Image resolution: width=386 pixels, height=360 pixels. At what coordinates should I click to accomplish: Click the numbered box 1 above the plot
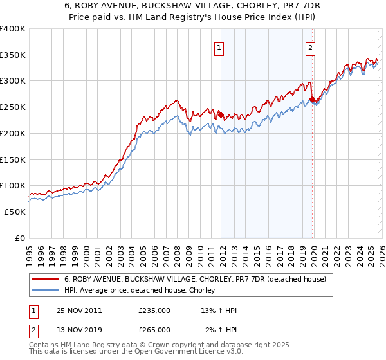(x=219, y=48)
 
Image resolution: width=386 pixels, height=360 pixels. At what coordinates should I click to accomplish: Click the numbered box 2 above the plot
(x=311, y=48)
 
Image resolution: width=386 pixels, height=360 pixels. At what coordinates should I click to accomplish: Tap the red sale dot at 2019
(x=312, y=100)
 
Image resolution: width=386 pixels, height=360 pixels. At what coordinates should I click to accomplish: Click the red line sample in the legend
(x=46, y=279)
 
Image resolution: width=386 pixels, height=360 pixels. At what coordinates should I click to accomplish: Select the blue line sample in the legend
(x=46, y=291)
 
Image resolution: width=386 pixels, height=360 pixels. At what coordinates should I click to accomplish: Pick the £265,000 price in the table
(x=154, y=329)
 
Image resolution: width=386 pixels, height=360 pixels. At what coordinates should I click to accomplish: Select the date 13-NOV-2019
(x=78, y=329)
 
